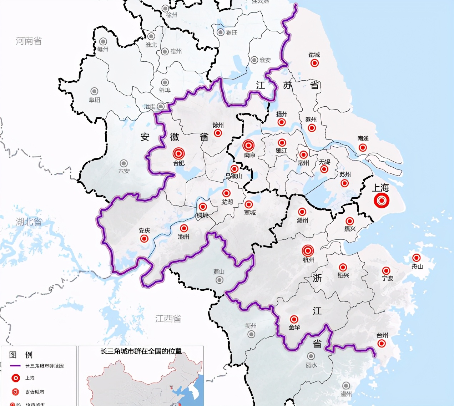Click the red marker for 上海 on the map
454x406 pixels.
tap(382, 201)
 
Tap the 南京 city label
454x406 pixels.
tap(250, 155)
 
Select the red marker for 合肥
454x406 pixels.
tap(178, 153)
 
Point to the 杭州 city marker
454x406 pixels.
tap(308, 250)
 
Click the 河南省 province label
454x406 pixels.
tap(29, 41)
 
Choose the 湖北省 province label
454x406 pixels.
tap(29, 222)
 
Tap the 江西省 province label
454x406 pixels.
tap(168, 319)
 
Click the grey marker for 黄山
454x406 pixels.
tap(220, 280)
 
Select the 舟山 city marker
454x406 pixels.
tap(416, 258)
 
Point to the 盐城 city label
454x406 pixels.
tap(314, 55)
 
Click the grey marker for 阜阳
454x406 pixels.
tap(94, 91)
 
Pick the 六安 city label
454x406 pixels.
tap(124, 171)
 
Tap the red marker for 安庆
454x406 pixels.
tap(144, 238)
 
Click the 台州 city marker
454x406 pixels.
tap(382, 344)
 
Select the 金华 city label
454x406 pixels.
tap(294, 327)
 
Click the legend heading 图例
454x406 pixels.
tap(21, 355)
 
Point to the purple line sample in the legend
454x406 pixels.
tap(15, 366)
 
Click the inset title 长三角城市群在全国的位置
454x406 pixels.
tap(141, 351)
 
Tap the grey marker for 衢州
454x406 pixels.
tap(251, 334)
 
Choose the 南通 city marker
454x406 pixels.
tap(363, 147)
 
